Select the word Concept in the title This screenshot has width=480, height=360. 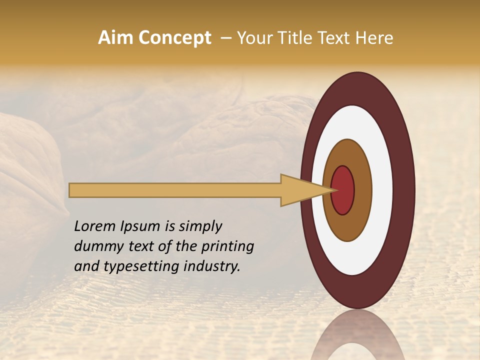click(174, 38)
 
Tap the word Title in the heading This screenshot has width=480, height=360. click(291, 38)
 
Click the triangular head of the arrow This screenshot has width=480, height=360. click(300, 190)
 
